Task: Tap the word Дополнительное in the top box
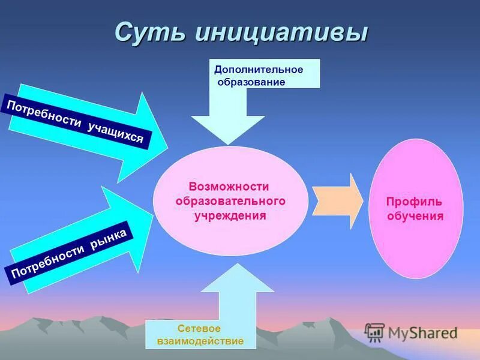259,70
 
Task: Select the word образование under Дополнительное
251,82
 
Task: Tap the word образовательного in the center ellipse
230,200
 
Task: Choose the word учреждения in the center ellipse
230,214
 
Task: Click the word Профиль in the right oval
415,202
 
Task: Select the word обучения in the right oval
415,216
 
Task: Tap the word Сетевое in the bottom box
199,329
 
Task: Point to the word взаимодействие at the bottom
200,341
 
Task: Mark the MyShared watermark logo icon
374,332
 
